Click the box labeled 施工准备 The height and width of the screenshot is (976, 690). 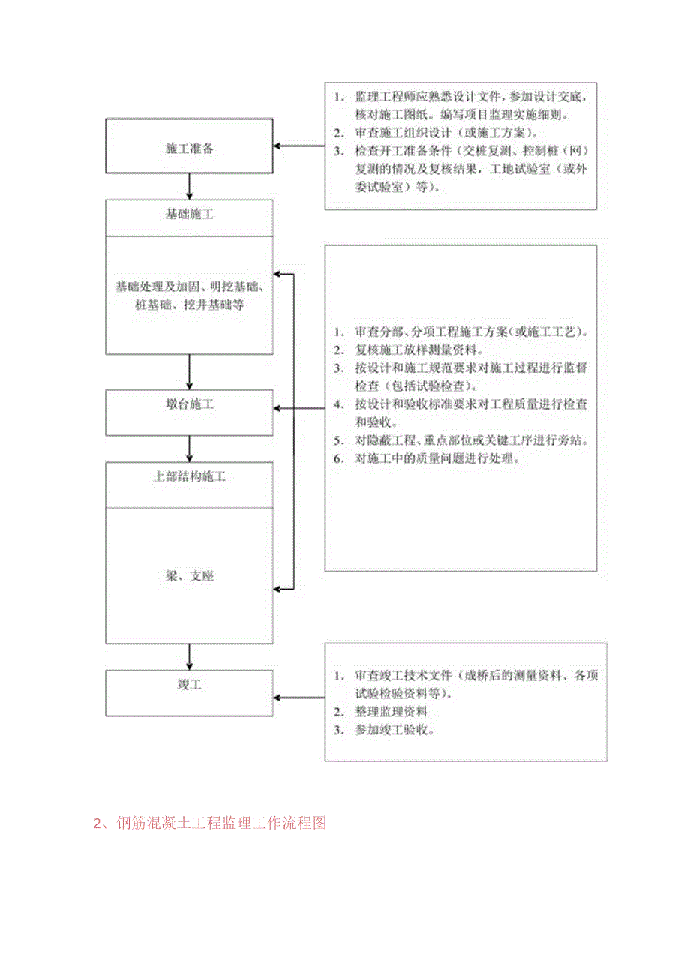click(189, 148)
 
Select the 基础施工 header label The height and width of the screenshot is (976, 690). click(189, 215)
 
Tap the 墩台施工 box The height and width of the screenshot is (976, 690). click(189, 404)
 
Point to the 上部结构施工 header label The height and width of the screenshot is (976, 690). click(189, 477)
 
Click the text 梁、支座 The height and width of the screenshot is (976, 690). click(189, 576)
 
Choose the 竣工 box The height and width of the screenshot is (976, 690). click(189, 685)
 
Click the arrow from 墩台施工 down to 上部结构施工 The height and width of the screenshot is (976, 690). click(190, 449)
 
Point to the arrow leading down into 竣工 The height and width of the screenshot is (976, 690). click(190, 656)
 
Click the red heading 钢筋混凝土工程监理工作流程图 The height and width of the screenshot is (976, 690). click(210, 823)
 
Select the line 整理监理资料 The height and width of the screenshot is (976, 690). click(391, 711)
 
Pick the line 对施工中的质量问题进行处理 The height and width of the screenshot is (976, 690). click(436, 458)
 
